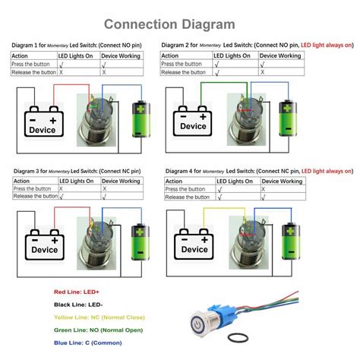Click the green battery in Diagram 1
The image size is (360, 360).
click(x=141, y=118)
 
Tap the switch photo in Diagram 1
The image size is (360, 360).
click(x=99, y=118)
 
